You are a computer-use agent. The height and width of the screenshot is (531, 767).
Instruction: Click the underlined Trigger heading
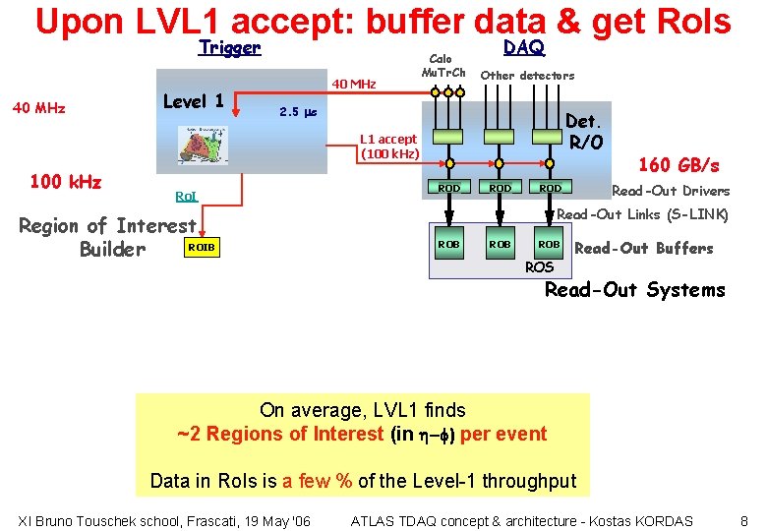229,48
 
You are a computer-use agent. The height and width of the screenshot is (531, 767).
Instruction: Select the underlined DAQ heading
523,48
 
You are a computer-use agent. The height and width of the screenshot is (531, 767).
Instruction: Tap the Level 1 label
193,101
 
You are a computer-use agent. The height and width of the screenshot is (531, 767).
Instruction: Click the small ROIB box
202,248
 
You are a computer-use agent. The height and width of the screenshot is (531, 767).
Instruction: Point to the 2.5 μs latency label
297,111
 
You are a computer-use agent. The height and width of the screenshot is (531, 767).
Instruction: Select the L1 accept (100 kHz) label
390,147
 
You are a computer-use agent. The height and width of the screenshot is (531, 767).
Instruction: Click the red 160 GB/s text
679,165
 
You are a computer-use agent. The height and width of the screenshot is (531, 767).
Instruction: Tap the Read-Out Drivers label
671,191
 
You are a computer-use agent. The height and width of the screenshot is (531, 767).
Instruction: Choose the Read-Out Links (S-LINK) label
642,214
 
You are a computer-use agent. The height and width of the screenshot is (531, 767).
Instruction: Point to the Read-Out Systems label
634,289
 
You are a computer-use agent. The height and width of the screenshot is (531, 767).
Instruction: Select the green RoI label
186,197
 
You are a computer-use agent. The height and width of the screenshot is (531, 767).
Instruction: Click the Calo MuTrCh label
442,66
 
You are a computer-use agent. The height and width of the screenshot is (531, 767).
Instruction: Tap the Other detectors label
527,76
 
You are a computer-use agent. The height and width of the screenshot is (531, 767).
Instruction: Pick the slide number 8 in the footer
743,520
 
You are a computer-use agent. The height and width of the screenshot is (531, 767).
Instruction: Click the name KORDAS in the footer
658,520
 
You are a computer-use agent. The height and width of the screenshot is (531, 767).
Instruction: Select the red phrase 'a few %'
317,481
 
